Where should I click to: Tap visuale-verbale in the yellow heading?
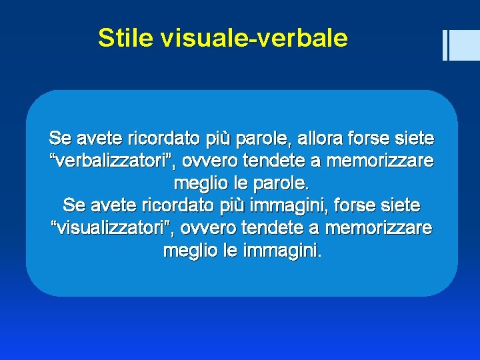click(254, 38)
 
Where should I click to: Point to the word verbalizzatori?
click(113, 161)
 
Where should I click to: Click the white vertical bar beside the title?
click(445, 45)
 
